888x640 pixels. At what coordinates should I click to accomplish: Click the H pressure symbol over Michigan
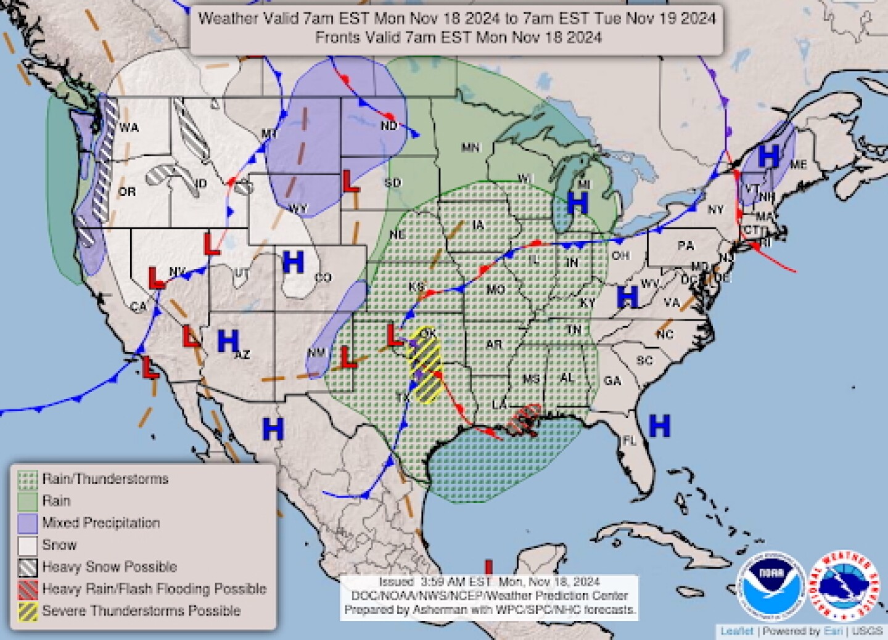pos(578,201)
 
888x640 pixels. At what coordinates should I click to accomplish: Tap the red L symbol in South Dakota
pos(350,181)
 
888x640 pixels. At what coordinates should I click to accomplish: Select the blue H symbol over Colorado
pos(293,263)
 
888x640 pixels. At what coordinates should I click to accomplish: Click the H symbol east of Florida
pos(659,425)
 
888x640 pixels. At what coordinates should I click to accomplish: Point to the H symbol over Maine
pos(768,156)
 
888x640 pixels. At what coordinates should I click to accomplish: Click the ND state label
pos(388,126)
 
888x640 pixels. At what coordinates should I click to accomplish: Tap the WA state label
pos(129,128)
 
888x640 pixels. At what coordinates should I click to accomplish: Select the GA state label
pos(612,381)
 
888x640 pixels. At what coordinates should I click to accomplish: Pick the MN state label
pos(471,147)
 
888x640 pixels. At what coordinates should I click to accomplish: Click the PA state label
pos(686,245)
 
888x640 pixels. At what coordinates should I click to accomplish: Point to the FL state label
pos(629,441)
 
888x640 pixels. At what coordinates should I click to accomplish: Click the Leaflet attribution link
pos(737,631)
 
